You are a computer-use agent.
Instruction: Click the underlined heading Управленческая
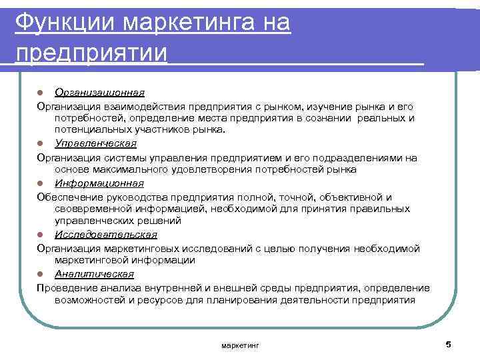(x=96, y=143)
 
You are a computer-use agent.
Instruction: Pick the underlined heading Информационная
(x=99, y=183)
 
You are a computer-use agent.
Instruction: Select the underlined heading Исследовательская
(x=106, y=234)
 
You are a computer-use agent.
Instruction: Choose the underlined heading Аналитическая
(x=94, y=273)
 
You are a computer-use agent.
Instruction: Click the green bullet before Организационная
(x=41, y=92)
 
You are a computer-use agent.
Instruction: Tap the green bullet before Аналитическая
(x=41, y=274)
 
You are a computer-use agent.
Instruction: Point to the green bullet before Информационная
(x=41, y=183)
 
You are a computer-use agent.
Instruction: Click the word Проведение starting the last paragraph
(x=65, y=287)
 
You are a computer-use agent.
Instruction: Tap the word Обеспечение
(x=67, y=197)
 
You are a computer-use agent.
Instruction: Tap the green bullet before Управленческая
(x=41, y=144)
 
